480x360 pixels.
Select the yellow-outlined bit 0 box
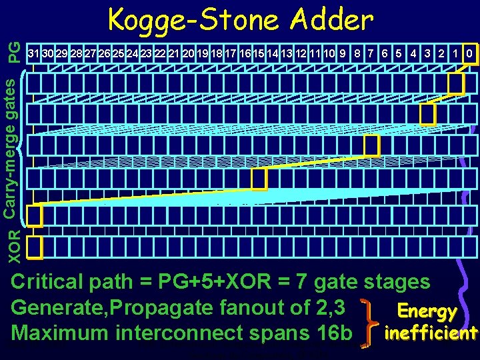coord(470,53)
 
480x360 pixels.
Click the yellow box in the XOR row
coord(34,247)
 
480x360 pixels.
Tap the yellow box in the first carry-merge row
coord(455,83)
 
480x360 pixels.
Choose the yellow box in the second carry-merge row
coord(427,114)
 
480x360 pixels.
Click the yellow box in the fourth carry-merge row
coord(259,178)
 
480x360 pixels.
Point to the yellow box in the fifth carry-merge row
coord(34,215)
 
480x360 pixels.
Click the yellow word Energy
coord(427,311)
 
